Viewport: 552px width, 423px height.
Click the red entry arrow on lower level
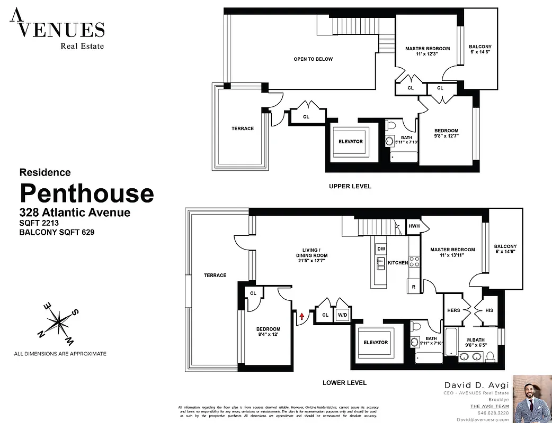302,316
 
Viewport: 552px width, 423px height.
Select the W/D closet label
342,315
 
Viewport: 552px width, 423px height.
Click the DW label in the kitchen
380,248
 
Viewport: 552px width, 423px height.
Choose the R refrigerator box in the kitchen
413,287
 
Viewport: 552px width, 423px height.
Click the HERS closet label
454,310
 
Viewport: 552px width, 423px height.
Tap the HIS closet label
488,310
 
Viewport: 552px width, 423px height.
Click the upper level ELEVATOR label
351,142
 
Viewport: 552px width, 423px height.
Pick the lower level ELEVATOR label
376,343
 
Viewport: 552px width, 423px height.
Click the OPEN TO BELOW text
313,59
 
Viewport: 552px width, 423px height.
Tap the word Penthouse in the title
87,194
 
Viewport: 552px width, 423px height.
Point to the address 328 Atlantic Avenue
75,213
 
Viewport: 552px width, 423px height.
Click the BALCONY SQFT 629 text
57,232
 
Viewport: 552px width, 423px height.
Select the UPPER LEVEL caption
350,186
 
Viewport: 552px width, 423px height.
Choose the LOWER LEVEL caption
344,383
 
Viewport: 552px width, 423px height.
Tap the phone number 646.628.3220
493,413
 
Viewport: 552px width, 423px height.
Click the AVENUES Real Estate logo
57,30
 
